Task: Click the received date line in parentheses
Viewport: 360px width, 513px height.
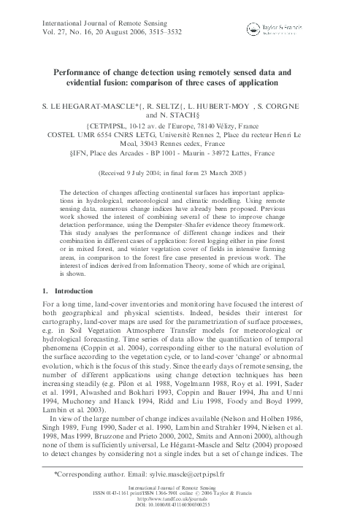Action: click(179, 174)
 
